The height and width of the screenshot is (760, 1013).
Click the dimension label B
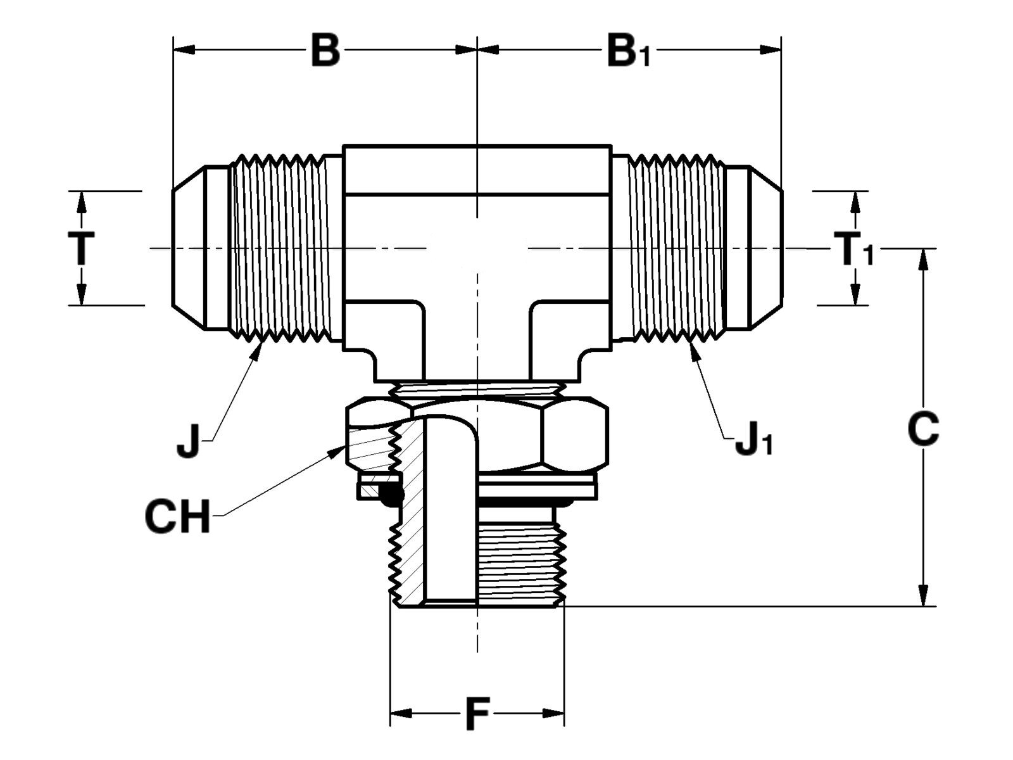[x=325, y=51]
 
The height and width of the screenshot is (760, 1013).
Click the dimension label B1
[x=627, y=52]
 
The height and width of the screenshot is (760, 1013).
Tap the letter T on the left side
[x=81, y=248]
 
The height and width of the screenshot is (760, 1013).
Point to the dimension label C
[x=922, y=429]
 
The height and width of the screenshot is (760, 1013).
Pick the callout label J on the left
[x=189, y=441]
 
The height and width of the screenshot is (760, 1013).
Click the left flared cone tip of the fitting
[x=189, y=248]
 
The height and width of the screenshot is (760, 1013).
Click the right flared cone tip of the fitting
[x=766, y=248]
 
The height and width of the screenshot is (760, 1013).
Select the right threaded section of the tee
[x=674, y=248]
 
